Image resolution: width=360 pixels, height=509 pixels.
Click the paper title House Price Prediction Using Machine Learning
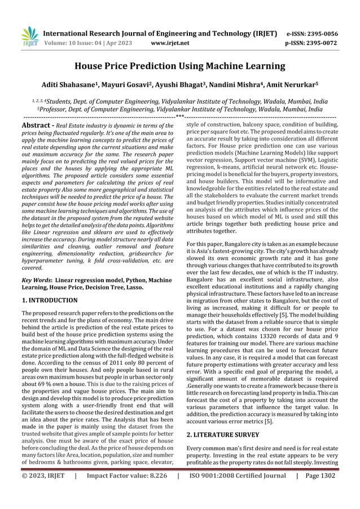point(180,65)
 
